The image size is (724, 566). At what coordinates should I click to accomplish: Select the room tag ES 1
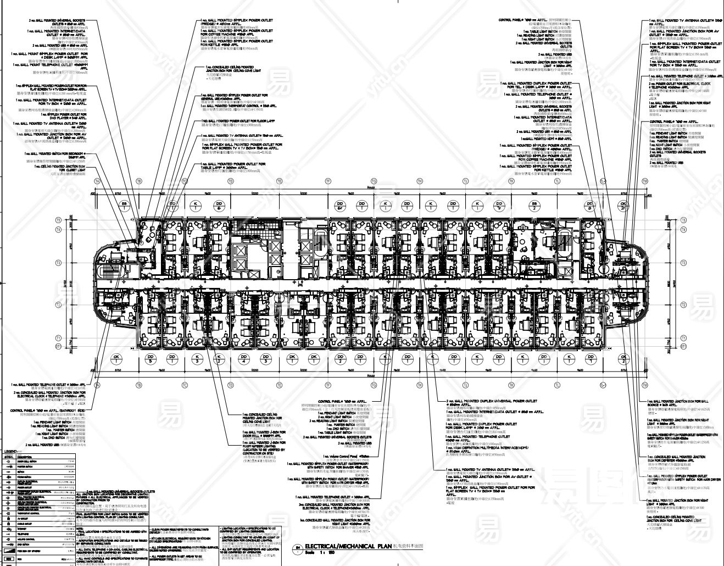(125, 206)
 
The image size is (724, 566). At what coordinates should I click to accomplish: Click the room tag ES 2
(533, 206)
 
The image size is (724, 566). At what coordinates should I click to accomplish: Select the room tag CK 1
(116, 359)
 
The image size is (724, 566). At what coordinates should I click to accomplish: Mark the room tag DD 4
(243, 359)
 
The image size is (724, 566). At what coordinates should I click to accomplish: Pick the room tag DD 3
(266, 359)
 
